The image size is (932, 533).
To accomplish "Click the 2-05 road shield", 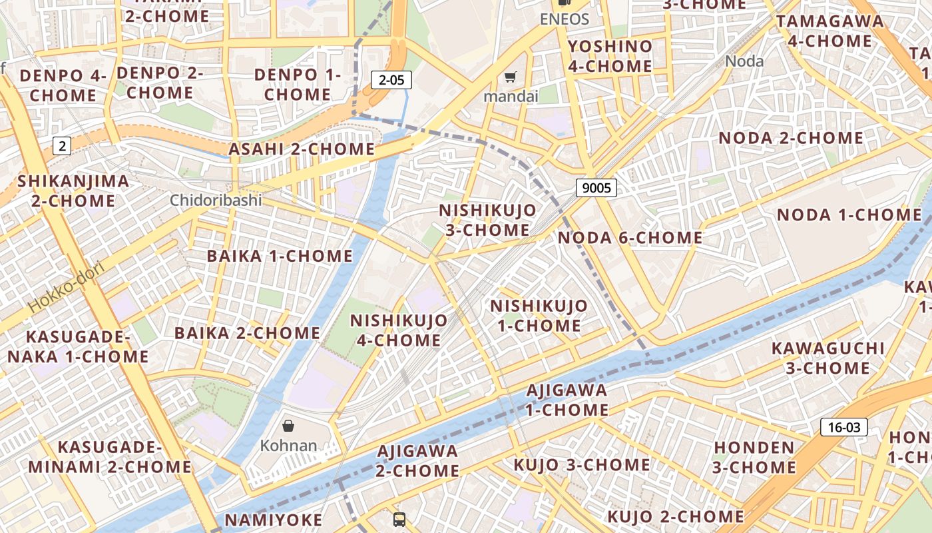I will coord(391,81).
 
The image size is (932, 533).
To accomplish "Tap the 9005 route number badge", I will coord(596,188).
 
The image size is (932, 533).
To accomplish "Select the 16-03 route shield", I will coord(843,427).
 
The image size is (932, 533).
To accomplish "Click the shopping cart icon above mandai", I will coord(510,77).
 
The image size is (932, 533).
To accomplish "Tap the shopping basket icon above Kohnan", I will coord(288,425).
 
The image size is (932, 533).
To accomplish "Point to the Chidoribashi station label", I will coord(216,200).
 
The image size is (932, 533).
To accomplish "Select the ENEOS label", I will coord(565,19).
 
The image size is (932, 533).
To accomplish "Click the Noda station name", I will coord(744,61).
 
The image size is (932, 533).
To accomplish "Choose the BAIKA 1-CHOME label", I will coord(280,256).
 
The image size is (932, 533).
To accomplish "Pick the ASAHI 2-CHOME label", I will coord(302,149).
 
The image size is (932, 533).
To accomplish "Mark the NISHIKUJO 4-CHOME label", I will coord(399,330).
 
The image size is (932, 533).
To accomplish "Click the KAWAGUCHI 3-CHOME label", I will coord(828,358).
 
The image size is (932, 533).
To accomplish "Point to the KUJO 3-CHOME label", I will coord(581,464).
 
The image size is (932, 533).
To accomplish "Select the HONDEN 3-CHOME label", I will coord(754,457).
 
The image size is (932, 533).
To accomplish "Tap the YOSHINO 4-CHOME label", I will coord(610,56).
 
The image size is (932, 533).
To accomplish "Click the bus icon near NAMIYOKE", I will coord(399,520).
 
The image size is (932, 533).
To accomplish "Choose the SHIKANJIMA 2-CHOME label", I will coord(73,191).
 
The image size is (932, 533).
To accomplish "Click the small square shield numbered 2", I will coord(61,146).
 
